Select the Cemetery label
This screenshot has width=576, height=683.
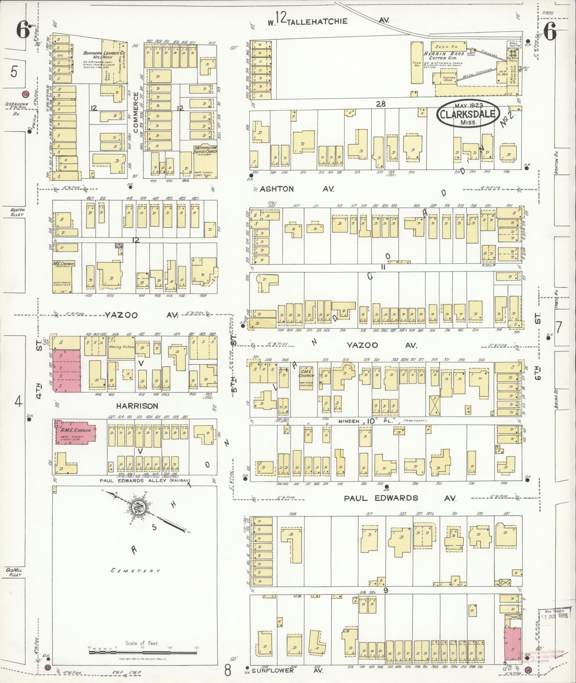[135, 571]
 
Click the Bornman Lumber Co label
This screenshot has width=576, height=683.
[104, 55]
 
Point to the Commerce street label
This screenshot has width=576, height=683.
[136, 112]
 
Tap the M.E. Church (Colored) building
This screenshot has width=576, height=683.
[63, 277]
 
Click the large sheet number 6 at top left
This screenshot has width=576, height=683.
[22, 31]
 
